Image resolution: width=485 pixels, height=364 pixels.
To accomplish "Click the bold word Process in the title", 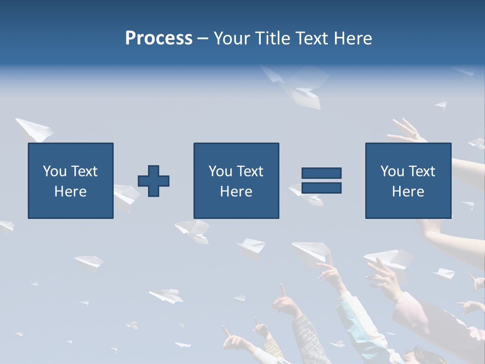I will click(159, 38).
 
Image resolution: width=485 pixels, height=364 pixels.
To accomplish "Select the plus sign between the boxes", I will click(154, 181).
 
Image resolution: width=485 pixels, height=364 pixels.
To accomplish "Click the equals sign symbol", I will click(321, 180).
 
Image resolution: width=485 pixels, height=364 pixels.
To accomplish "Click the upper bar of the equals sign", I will click(321, 173).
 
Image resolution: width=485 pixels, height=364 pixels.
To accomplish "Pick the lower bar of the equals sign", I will click(321, 188).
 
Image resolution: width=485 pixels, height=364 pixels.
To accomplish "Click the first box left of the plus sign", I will click(71, 180).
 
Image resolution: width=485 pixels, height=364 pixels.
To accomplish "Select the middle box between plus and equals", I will click(236, 180).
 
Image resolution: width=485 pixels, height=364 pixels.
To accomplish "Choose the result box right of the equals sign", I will click(408, 180).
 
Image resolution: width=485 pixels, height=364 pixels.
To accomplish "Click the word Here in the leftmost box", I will click(71, 192).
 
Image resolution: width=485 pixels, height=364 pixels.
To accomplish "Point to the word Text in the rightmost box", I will click(421, 171).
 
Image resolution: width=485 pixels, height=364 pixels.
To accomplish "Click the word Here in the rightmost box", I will click(408, 192).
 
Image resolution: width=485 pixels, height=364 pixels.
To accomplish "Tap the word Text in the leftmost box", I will click(84, 171).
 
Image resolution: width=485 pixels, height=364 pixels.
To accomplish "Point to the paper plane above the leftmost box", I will click(34, 129).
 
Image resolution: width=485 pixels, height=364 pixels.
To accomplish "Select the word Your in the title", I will click(232, 38).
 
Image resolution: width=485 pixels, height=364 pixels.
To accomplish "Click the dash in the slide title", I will click(203, 38).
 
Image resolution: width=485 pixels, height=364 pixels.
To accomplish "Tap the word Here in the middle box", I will click(236, 192).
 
